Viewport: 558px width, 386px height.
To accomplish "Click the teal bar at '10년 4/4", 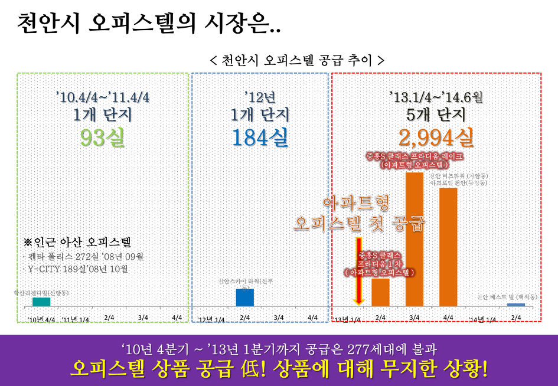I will [x=41, y=302].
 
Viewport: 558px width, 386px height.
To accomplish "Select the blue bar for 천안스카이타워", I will [x=244, y=297].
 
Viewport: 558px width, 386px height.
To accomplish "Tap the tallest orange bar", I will [x=414, y=239].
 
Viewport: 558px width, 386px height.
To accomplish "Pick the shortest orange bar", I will [x=380, y=292].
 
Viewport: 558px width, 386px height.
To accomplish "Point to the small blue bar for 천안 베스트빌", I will [x=515, y=305].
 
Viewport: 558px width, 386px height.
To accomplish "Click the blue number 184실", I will [x=260, y=138].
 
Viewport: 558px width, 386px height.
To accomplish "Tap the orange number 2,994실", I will [x=436, y=138].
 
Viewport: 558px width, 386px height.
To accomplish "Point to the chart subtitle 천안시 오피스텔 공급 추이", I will [x=297, y=60].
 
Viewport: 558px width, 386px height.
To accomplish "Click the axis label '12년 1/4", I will [x=211, y=319].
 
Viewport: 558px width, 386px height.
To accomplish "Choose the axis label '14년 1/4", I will [x=482, y=319].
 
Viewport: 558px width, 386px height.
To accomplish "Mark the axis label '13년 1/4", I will [x=347, y=319].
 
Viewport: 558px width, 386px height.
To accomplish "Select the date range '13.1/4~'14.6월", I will [x=436, y=96].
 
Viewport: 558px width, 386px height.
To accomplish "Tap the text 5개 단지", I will [x=436, y=114].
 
